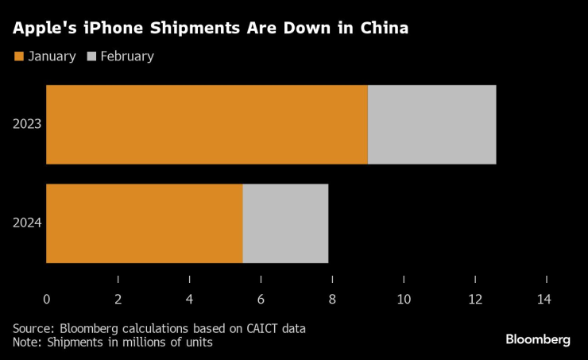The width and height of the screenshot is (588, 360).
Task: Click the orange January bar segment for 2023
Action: [207, 125]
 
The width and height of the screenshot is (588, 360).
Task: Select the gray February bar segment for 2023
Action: [431, 125]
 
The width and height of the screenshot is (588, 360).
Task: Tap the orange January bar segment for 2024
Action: [144, 223]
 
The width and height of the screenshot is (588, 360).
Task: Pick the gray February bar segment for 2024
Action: [285, 223]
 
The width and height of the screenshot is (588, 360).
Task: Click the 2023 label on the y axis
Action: [27, 125]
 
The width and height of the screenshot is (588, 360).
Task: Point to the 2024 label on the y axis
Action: [27, 223]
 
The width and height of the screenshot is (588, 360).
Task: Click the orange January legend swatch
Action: [18, 56]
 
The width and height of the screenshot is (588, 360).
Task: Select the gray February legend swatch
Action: [91, 56]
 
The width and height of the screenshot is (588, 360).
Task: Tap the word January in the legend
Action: [52, 56]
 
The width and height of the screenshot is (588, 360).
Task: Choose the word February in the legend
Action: [127, 56]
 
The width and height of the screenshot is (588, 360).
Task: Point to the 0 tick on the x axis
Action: [47, 300]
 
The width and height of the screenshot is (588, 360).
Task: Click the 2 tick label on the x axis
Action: [118, 300]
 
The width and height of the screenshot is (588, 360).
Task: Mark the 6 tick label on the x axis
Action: [261, 300]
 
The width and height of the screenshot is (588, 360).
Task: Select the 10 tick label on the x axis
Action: [404, 300]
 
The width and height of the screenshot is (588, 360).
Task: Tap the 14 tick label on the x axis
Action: [544, 300]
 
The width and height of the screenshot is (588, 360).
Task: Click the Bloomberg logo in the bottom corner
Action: [538, 339]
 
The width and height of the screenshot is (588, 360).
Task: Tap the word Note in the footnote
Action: [26, 342]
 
